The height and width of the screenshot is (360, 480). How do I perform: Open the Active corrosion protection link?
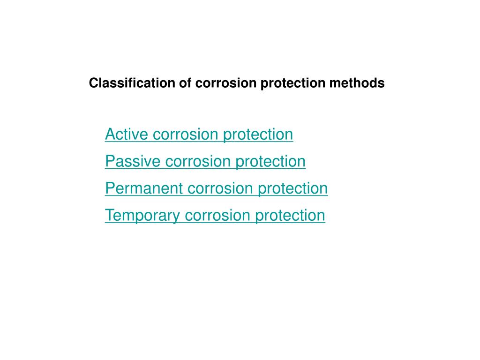click(199, 135)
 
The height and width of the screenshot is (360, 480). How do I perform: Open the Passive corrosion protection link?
click(205, 162)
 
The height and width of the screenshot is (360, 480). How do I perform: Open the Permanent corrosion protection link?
click(216, 189)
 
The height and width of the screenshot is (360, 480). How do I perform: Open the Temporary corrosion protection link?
click(215, 216)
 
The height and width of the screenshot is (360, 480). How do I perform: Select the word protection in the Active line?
click(258, 135)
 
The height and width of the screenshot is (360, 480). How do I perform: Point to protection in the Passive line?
click(270, 162)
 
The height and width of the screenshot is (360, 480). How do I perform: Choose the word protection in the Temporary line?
click(290, 216)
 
